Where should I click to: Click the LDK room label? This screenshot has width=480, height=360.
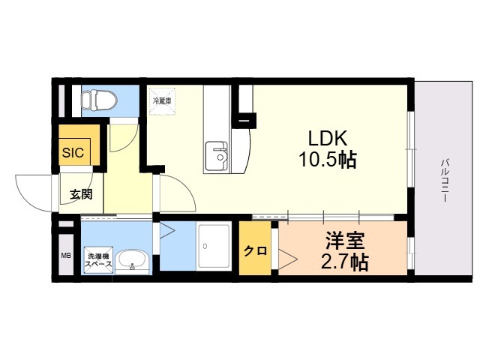[x=328, y=138]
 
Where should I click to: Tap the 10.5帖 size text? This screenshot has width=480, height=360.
[x=328, y=160]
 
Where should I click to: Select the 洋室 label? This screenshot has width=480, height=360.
[x=345, y=241]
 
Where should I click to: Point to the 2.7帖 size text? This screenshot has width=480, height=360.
[x=344, y=262]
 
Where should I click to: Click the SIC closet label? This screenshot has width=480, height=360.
[x=73, y=152]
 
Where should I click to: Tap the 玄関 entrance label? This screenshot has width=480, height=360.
[x=81, y=194]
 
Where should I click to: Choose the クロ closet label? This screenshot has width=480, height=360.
[x=255, y=251]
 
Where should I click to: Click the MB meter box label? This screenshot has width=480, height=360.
[x=66, y=255]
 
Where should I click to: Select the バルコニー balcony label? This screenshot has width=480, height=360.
[x=444, y=180]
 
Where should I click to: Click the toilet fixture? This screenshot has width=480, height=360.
[x=99, y=100]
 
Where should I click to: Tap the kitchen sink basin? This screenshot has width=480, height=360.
[x=216, y=156]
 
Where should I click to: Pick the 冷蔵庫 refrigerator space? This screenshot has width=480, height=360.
[x=162, y=101]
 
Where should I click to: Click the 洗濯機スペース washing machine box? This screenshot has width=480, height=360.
[x=98, y=260]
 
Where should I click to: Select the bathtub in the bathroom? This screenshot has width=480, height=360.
[x=214, y=247]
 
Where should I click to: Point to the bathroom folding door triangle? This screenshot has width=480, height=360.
[x=167, y=230]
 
